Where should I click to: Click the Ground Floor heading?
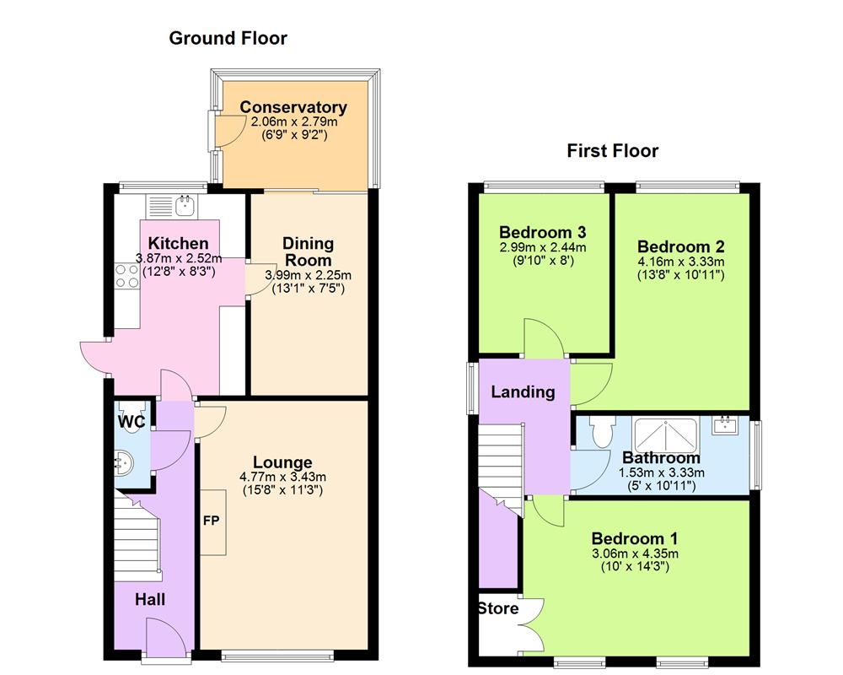point(228,38)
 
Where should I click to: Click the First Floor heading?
point(613,151)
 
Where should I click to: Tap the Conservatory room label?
point(293,108)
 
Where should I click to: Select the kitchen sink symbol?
point(184,204)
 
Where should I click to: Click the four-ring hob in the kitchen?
point(126,275)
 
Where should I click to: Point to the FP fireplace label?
point(211,521)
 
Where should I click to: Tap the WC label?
point(130,420)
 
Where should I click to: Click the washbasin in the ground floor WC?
point(124,462)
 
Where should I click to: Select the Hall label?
point(151,600)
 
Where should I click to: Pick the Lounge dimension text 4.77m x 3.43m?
point(282,477)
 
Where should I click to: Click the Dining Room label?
point(309,251)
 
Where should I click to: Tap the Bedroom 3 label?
point(542,232)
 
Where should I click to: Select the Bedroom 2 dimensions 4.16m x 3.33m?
point(680,262)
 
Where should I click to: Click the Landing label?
point(523,391)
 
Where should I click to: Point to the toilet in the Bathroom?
point(602,433)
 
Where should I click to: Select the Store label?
point(499,608)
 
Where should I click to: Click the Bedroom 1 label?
point(634,538)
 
